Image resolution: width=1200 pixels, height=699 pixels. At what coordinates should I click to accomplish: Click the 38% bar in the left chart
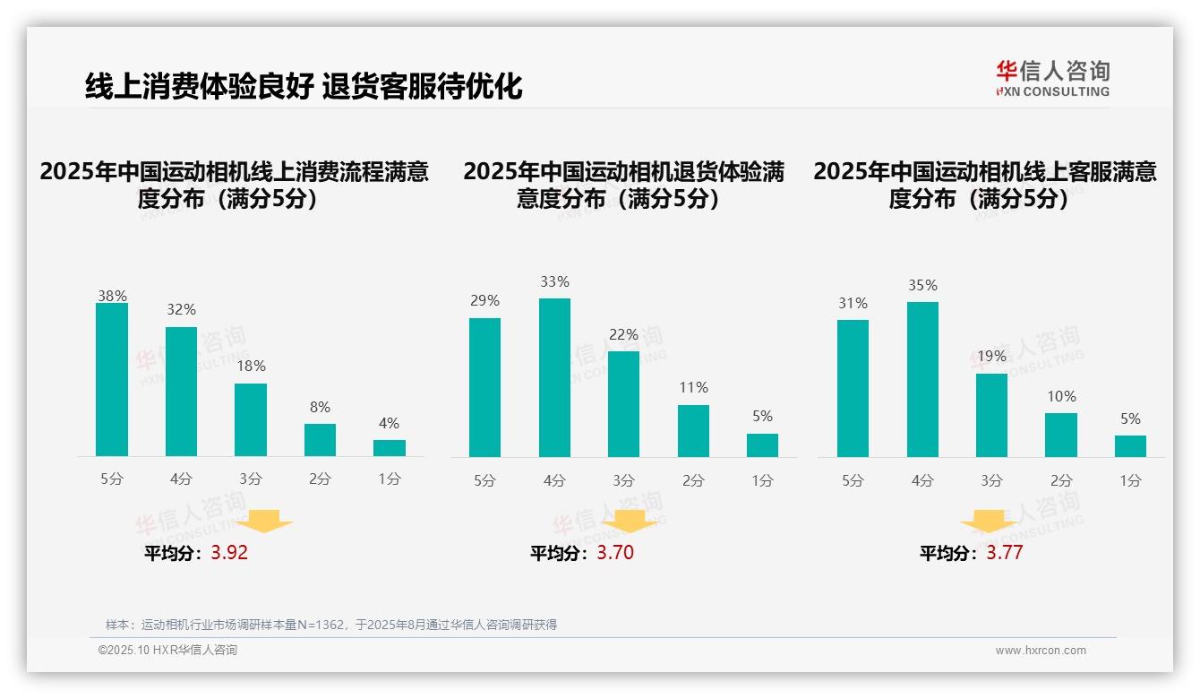112,380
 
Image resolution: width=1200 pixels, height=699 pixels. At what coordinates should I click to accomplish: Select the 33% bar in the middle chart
554,377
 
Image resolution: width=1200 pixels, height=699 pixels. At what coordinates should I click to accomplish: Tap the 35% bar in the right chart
922,379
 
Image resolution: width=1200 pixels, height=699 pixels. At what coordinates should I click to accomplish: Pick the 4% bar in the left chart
390,448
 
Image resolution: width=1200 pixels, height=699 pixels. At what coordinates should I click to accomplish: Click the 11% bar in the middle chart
693,431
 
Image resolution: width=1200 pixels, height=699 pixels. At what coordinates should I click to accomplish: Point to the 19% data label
991,356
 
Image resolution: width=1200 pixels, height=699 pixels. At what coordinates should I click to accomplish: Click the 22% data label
623,334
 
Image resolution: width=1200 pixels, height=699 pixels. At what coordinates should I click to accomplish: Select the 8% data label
320,406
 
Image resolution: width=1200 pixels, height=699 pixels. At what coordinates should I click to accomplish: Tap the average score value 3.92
229,553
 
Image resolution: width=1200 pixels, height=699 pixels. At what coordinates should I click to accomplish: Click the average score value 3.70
615,553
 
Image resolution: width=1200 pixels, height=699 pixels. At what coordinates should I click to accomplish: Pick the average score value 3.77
1005,553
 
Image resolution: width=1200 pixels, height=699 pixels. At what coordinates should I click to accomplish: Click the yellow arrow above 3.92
266,521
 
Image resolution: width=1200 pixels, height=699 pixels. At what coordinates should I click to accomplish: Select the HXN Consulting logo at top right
1052,78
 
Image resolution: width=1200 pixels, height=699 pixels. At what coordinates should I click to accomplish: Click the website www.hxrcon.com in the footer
1041,651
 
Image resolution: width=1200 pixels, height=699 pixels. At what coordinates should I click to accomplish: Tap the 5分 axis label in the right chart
853,481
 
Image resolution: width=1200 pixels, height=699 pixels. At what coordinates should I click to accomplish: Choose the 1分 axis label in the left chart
390,479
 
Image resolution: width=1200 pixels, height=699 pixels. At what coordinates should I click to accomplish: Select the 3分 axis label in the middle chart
623,481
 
